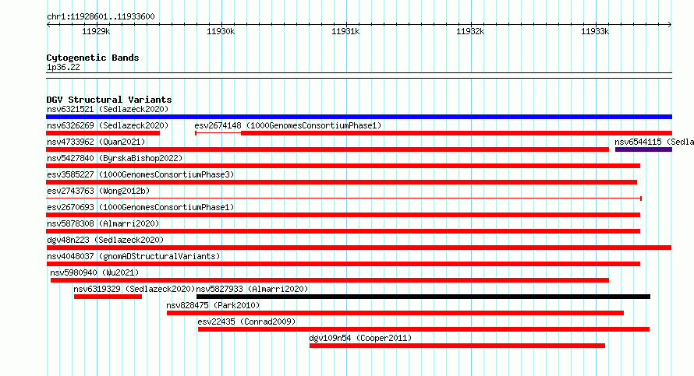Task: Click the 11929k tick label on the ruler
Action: (96, 31)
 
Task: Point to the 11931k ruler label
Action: (345, 31)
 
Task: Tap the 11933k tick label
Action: (595, 31)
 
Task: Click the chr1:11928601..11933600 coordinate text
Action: (101, 17)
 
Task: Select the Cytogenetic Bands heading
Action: (93, 58)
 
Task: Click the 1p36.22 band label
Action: (63, 67)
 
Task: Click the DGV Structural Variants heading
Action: (109, 100)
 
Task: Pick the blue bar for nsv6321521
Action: (359, 117)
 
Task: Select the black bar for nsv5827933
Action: (423, 297)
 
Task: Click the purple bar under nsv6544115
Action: (643, 149)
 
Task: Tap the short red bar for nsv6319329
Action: (108, 297)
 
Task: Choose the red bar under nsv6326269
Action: (103, 133)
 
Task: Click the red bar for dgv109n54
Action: (457, 346)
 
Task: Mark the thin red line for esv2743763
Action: (344, 199)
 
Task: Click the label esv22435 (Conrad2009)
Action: (246, 322)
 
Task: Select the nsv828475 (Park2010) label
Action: (213, 305)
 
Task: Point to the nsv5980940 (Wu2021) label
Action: (94, 272)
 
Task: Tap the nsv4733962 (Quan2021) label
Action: (96, 142)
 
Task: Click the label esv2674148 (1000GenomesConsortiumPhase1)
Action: (288, 125)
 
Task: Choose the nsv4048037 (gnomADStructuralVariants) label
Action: (133, 256)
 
